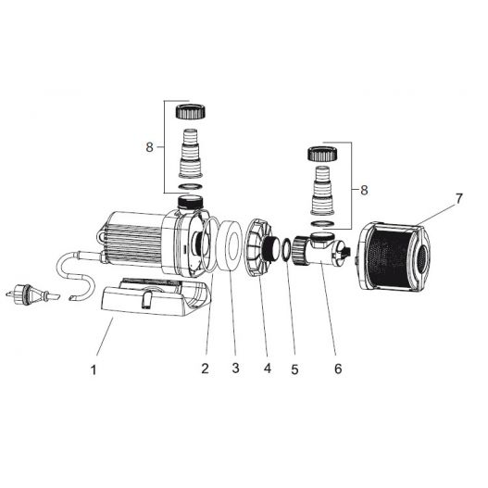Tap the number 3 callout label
[x=235, y=369]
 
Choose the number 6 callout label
[x=338, y=369]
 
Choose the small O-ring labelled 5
[x=288, y=249]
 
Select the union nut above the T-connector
[x=320, y=153]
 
